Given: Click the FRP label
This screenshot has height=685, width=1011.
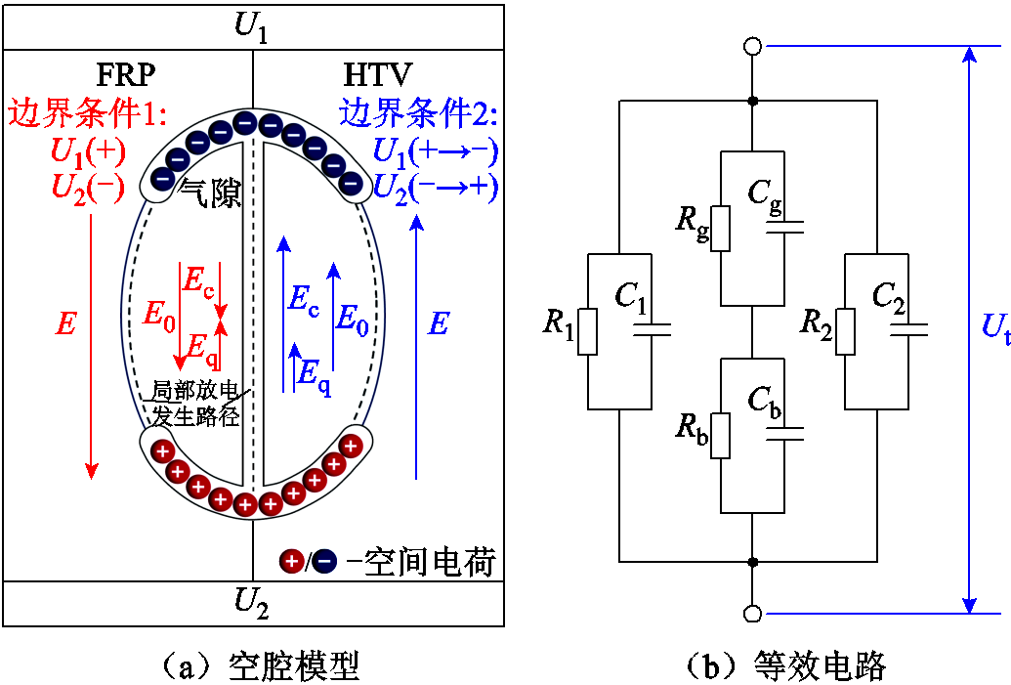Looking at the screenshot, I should coord(126,75).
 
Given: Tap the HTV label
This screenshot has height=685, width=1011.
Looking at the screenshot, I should coord(377,75).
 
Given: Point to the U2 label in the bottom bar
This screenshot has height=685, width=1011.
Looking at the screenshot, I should coord(251,603).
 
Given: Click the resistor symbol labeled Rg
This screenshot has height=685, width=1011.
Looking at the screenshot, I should coord(721,229).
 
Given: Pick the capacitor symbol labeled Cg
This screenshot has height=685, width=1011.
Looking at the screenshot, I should coord(784,228).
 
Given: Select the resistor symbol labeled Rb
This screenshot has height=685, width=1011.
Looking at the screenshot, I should coord(721,436).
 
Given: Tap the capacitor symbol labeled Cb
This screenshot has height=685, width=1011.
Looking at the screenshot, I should coord(784,434).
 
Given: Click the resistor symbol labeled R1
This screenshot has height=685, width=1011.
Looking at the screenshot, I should coord(588,331).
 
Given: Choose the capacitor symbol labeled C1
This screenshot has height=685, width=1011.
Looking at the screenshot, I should coord(652,329).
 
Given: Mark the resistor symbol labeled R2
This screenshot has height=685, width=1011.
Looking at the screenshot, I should coord(845,331).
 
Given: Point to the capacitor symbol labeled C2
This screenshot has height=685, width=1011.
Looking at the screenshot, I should coord(908,329).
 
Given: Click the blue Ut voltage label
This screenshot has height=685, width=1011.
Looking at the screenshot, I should coord(994,328).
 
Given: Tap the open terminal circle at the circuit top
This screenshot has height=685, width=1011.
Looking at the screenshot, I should coord(752,46).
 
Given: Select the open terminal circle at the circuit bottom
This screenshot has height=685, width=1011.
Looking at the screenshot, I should coord(752,614).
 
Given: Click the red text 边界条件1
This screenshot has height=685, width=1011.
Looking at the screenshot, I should coord(87,115).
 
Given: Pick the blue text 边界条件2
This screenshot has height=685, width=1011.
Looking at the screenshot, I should coord(418,115).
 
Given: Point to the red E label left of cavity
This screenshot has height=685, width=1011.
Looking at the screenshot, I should coord(65,323).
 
